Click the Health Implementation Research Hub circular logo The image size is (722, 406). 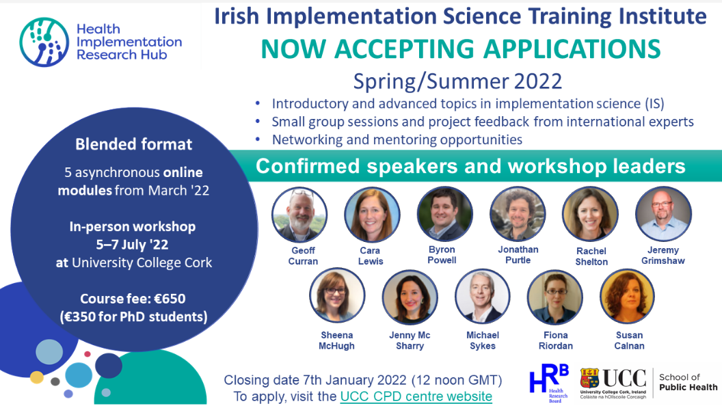pyautogui.click(x=44, y=42)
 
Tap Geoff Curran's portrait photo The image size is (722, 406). pyautogui.click(x=299, y=215)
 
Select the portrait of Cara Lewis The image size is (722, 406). pyautogui.click(x=372, y=215)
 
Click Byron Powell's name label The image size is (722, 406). pyautogui.click(x=442, y=254)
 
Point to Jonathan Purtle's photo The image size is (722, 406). pyautogui.click(x=518, y=214)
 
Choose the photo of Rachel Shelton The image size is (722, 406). pyautogui.click(x=590, y=215)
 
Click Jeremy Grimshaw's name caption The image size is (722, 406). pyautogui.click(x=663, y=256)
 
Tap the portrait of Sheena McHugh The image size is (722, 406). pyautogui.click(x=338, y=295)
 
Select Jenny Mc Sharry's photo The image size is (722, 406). pyautogui.click(x=410, y=297)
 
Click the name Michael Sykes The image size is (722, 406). pyautogui.click(x=483, y=340)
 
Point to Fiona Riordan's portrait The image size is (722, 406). pyautogui.click(x=555, y=297)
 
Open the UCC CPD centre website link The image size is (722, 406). pyautogui.click(x=416, y=396)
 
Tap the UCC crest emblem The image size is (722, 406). pyautogui.click(x=589, y=379)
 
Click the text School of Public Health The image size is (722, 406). pyautogui.click(x=688, y=382)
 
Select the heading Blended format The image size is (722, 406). pyautogui.click(x=134, y=144)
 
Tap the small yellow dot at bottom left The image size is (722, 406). pyautogui.click(x=37, y=377)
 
